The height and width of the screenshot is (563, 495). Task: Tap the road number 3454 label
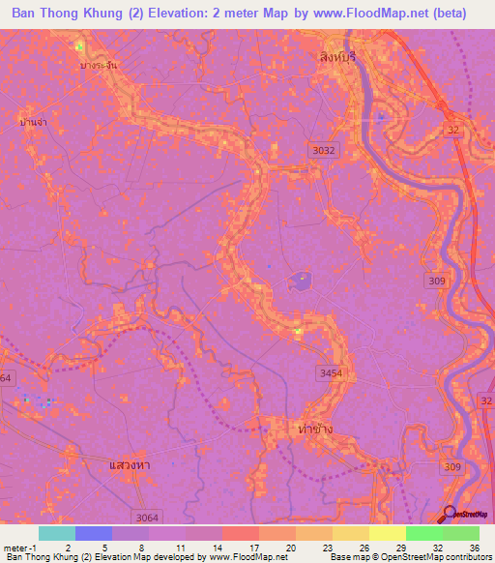332,370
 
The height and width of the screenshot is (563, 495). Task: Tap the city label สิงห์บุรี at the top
337,57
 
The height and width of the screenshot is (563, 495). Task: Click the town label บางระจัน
99,64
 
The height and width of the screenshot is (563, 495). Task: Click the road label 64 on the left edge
7,377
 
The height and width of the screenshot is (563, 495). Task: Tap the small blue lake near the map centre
299,282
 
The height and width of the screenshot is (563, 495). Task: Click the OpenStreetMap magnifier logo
451,514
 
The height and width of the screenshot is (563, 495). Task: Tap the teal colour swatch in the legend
57,533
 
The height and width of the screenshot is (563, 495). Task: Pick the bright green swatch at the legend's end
460,533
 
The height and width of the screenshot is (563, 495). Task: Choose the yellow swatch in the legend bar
387,533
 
